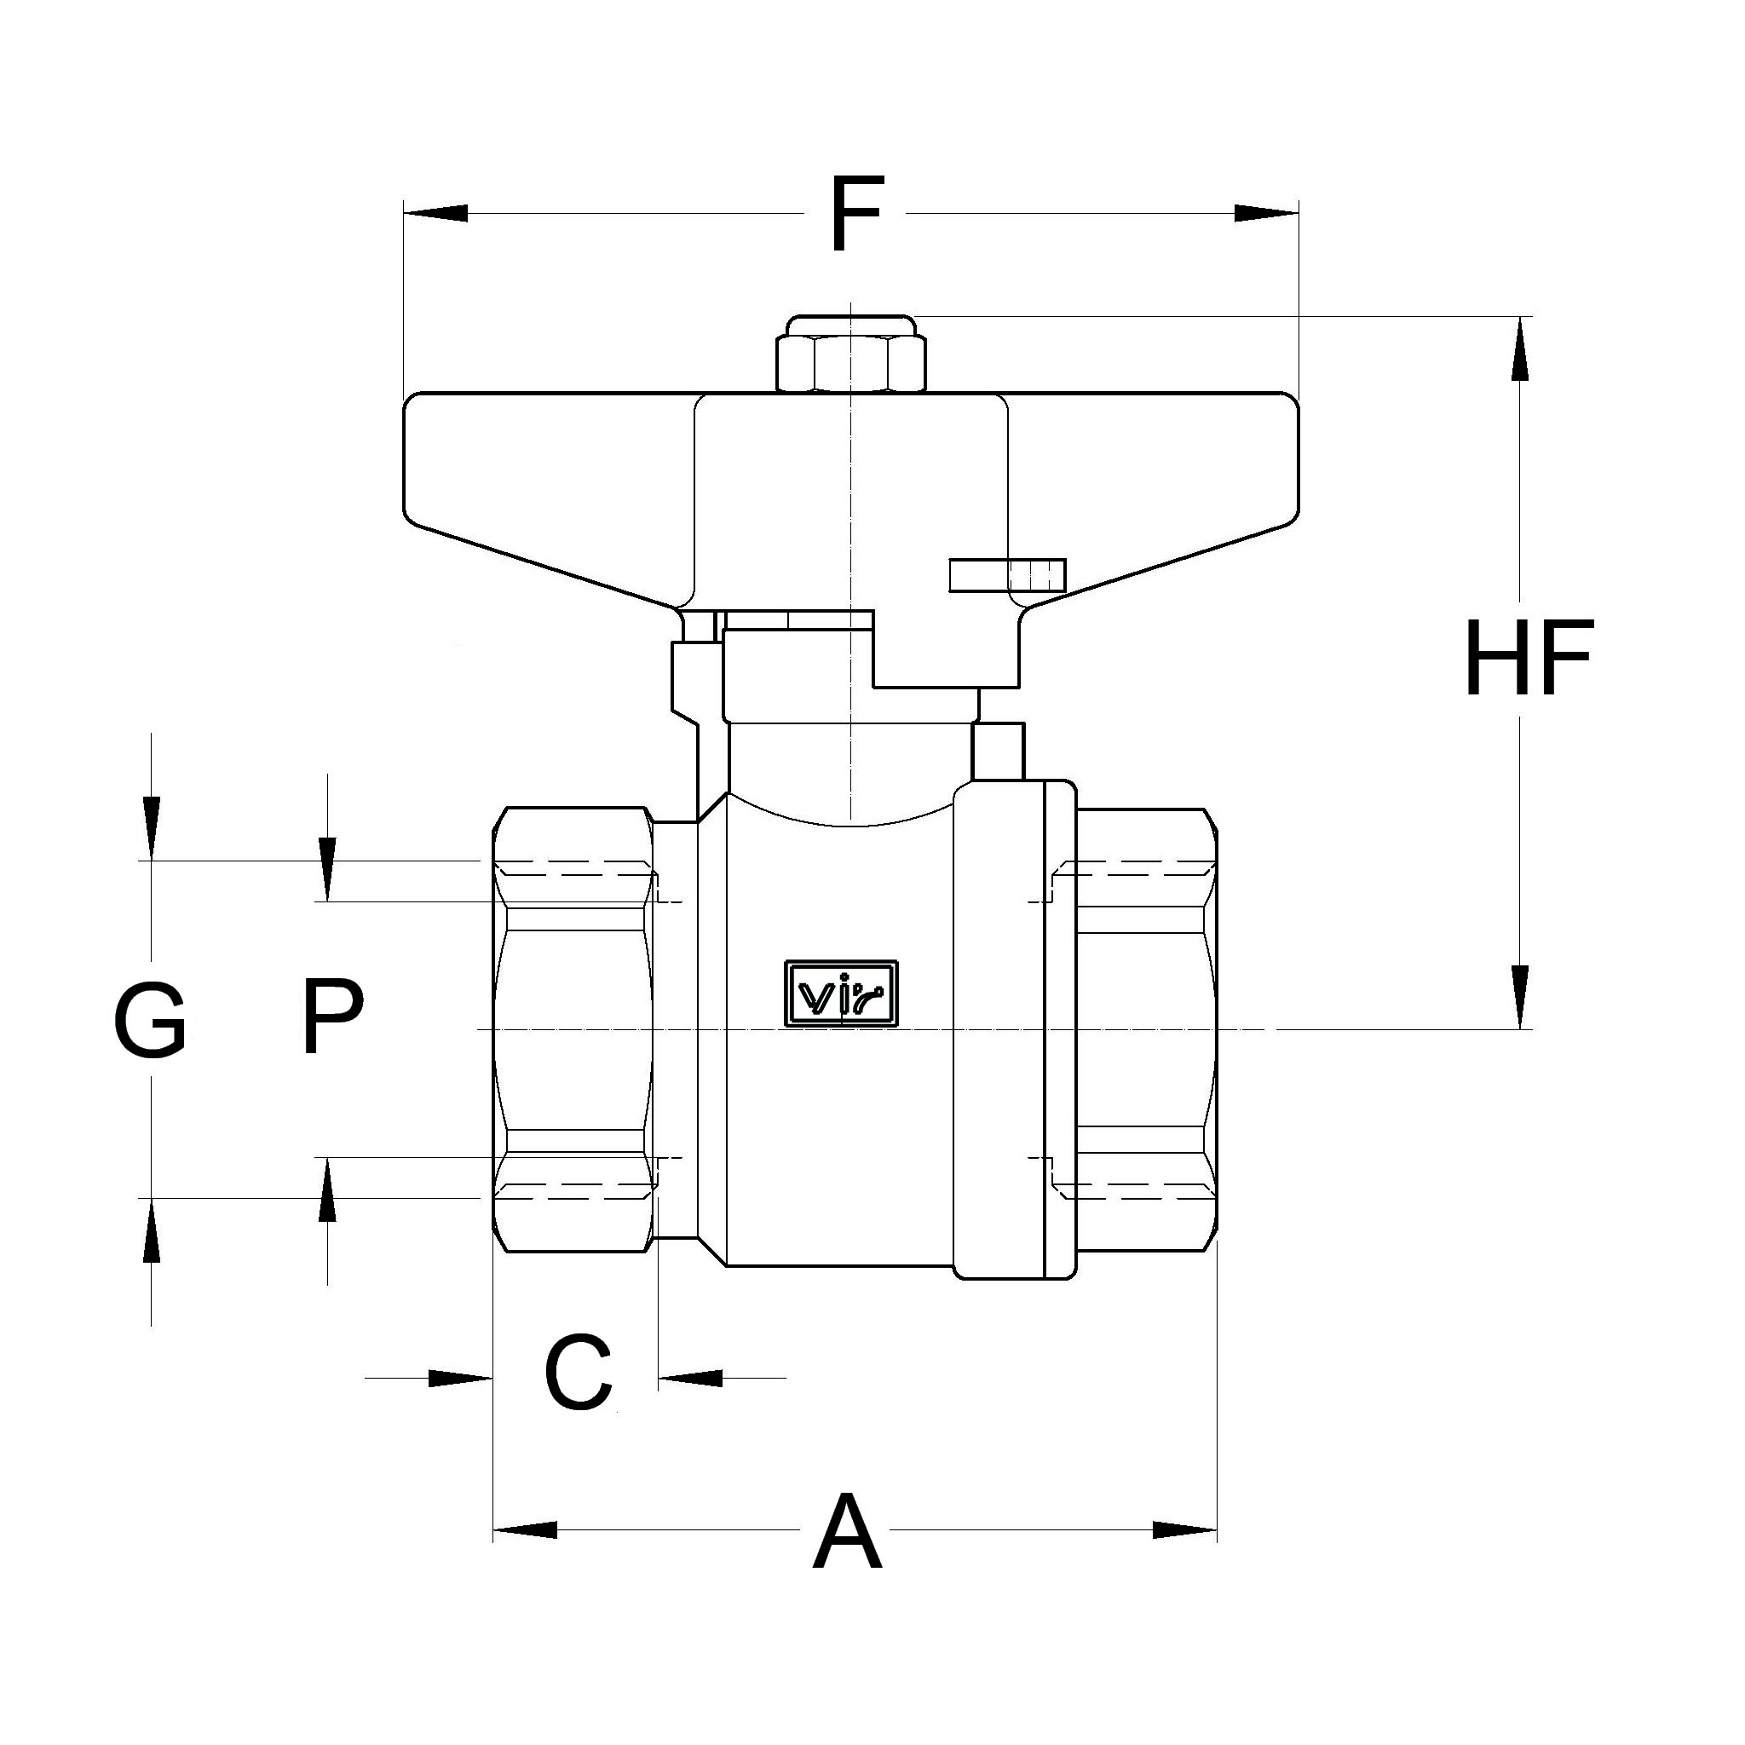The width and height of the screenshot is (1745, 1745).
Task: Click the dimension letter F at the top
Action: point(854,215)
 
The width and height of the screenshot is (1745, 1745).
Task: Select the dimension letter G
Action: point(150,1022)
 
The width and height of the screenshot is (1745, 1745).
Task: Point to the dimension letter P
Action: point(331,1018)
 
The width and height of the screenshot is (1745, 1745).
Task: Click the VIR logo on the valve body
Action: point(841,994)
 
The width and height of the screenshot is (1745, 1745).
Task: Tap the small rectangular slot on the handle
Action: point(1007,575)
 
